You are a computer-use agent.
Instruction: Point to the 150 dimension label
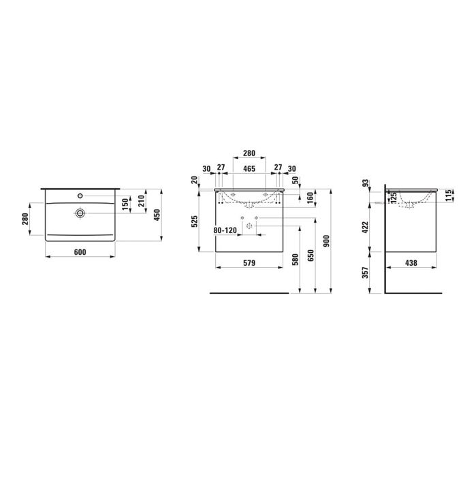tap(125, 204)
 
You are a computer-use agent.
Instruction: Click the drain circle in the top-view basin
tap(80, 213)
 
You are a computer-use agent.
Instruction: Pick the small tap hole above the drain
tap(80, 195)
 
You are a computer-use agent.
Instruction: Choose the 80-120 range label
tap(224, 231)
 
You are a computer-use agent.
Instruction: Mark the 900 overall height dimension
tap(326, 239)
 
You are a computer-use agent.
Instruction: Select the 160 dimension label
tap(311, 198)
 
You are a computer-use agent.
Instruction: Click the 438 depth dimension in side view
tap(411, 262)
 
